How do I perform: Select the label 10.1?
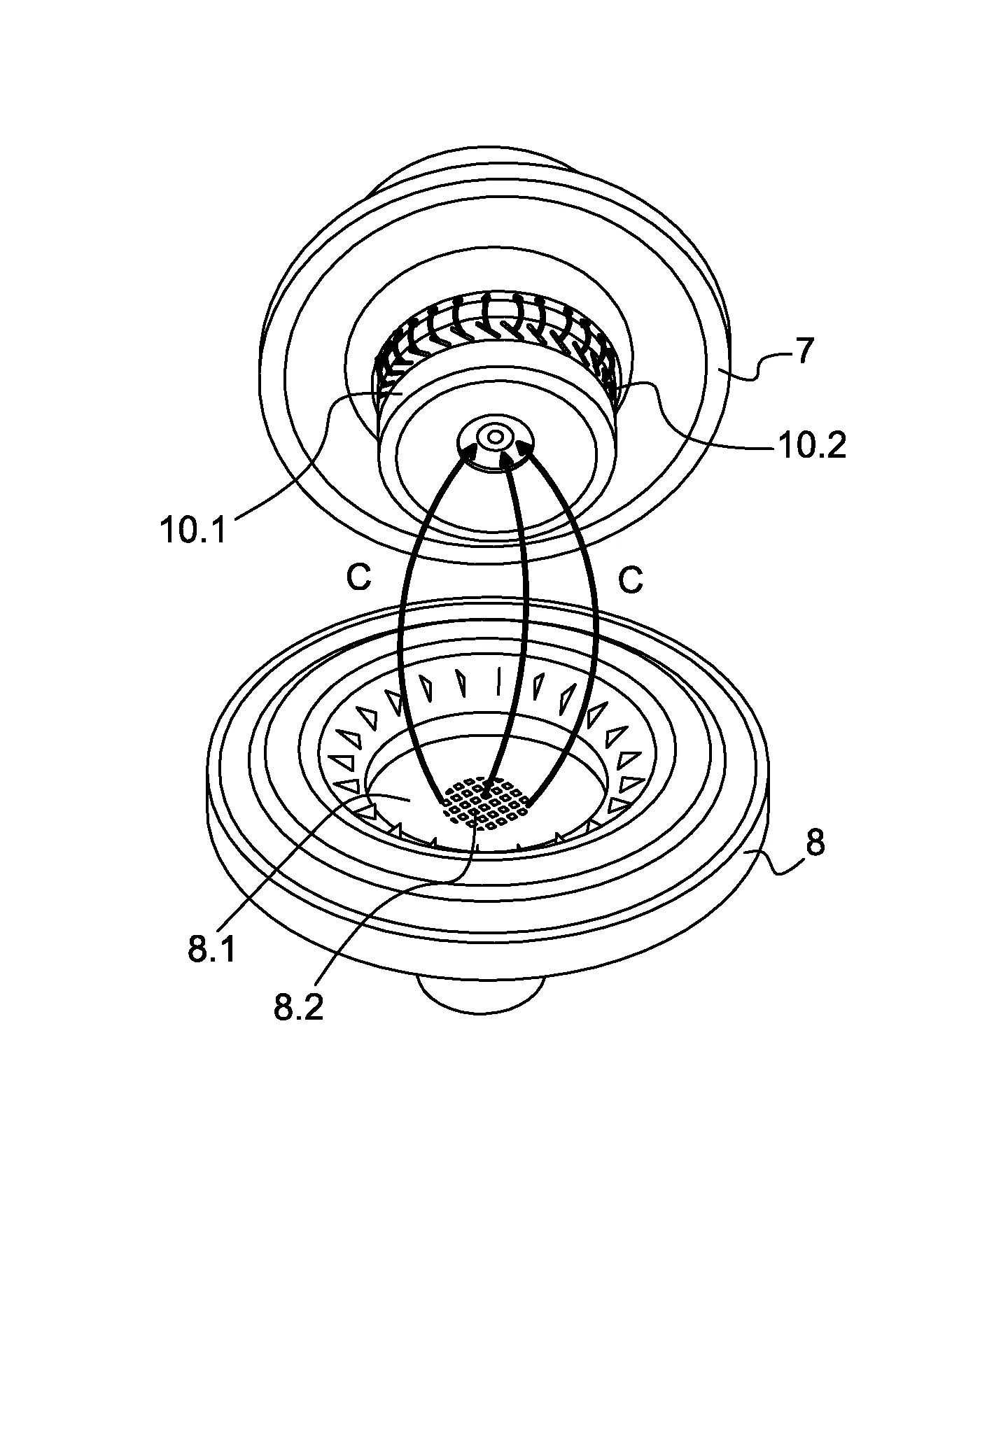click(194, 530)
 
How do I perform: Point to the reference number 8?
click(815, 843)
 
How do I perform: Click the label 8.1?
click(212, 950)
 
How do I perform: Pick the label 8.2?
click(298, 1007)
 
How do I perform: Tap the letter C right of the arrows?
click(631, 580)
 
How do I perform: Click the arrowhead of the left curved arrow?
click(468, 456)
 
